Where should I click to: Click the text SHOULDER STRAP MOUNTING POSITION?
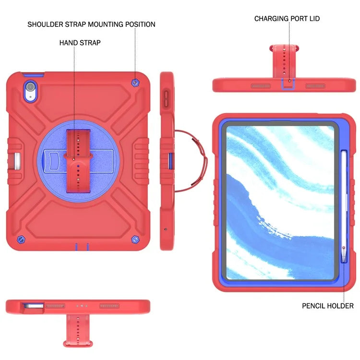click(x=91, y=24)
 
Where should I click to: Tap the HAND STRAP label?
click(x=80, y=43)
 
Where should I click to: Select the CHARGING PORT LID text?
click(x=287, y=19)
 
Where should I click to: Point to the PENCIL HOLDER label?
click(x=328, y=306)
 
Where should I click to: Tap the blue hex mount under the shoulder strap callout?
click(x=136, y=84)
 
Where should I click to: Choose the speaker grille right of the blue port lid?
click(x=315, y=86)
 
